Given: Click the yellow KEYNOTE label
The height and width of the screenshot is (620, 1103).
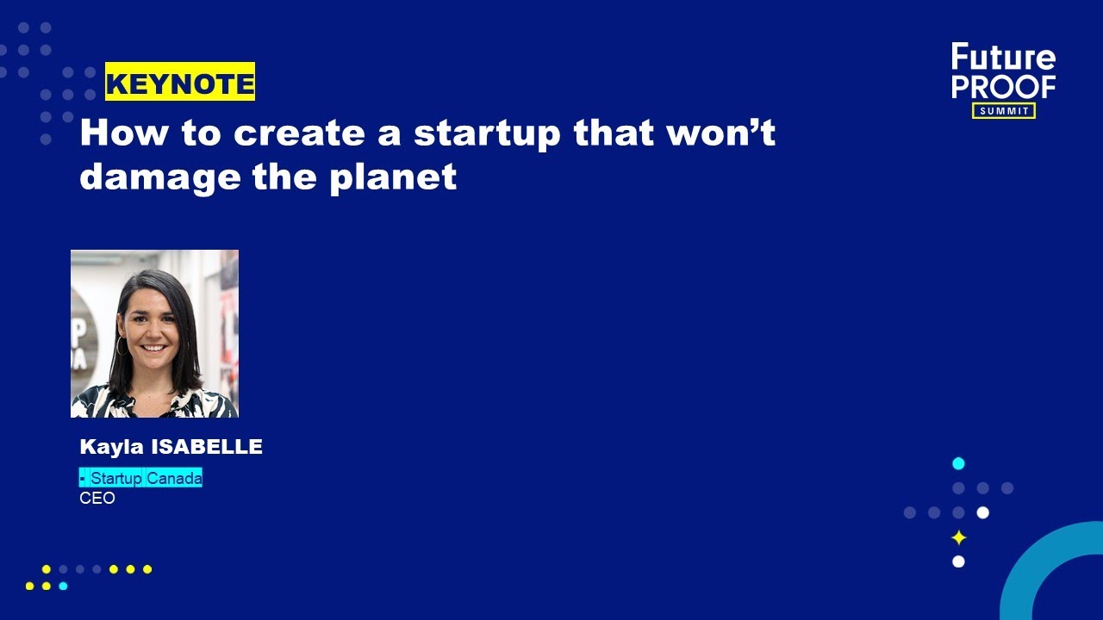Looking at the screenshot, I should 180,83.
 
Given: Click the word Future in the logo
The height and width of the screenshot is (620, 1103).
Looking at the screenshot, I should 1003,58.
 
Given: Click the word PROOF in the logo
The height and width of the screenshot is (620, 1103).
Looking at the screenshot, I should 1003,87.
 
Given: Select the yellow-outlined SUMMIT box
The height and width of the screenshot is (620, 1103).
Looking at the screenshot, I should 1004,110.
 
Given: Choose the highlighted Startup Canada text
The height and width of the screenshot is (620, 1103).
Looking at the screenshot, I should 142,478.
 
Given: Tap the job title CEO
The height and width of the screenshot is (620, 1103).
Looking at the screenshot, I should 97,498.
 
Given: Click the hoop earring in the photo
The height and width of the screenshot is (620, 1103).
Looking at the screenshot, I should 120,345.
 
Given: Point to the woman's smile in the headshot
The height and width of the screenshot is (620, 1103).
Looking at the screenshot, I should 153,348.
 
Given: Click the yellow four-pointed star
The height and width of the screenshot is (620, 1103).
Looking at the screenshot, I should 958,537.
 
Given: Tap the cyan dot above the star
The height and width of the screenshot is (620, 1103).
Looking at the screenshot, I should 958,463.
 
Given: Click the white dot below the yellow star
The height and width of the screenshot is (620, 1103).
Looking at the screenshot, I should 958,561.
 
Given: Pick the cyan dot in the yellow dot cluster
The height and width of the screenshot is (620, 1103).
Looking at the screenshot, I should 63,586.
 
